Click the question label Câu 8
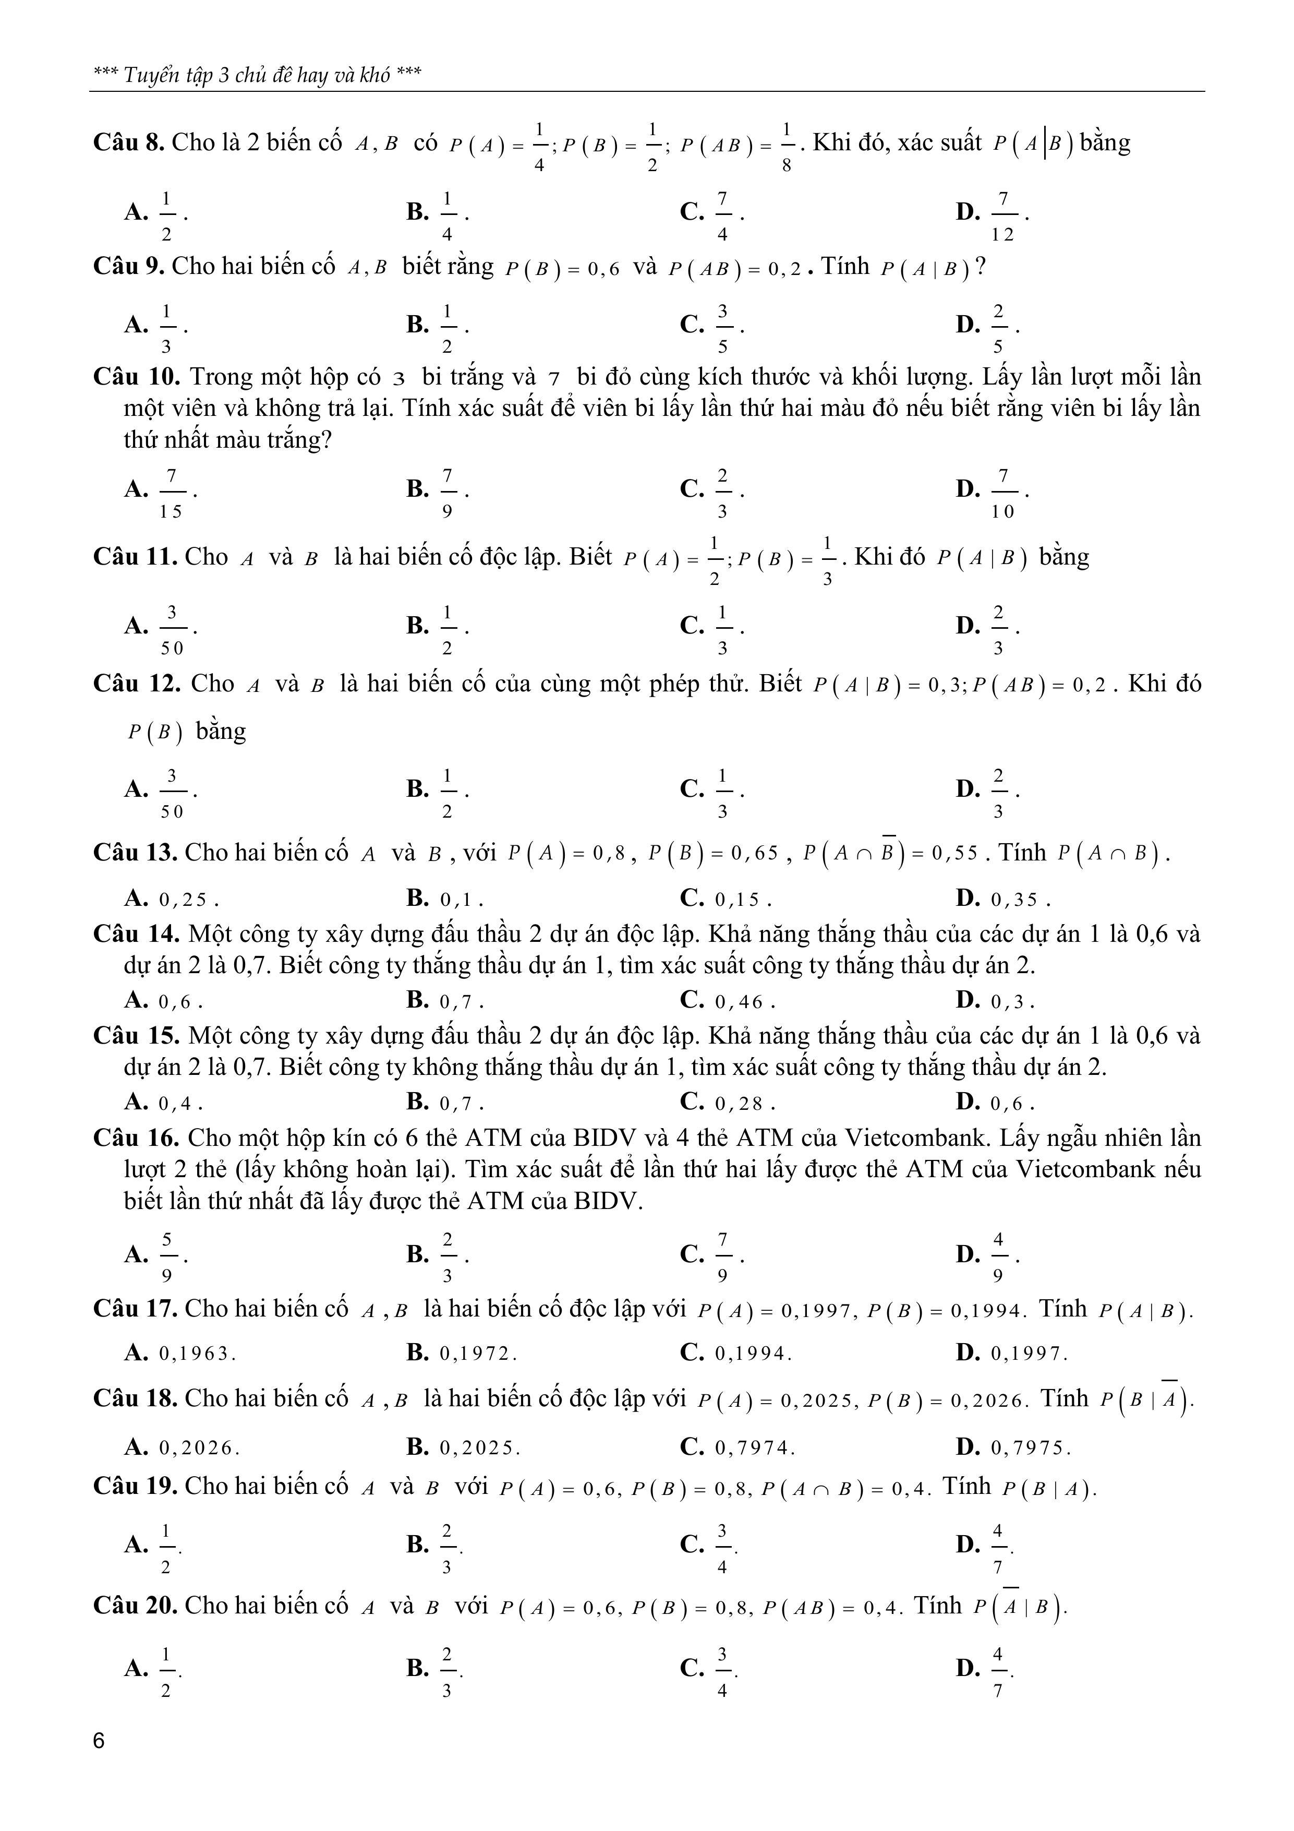pyautogui.click(x=128, y=143)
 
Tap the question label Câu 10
pyautogui.click(x=137, y=376)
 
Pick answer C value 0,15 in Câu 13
pyautogui.click(x=742, y=900)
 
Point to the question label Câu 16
pyautogui.click(x=137, y=1138)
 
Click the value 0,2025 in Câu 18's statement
pyautogui.click(x=819, y=1401)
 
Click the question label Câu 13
pyautogui.click(x=135, y=853)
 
